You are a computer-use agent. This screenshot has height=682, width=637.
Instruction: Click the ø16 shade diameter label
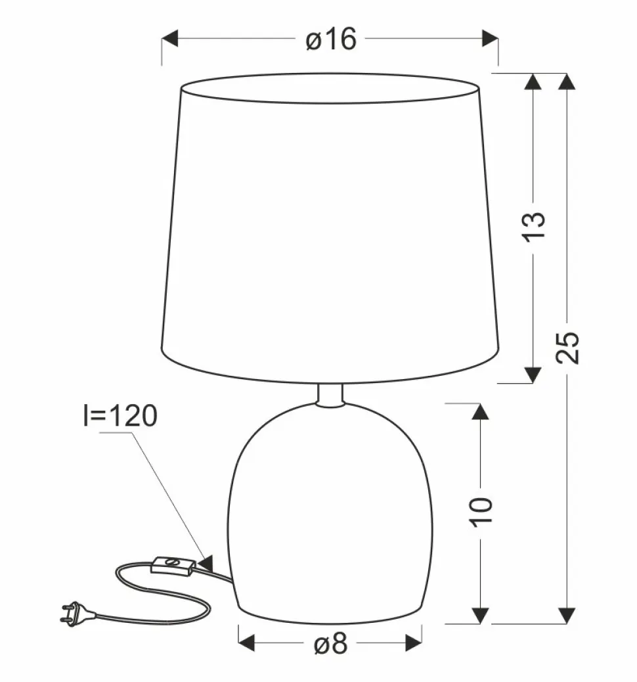pyautogui.click(x=331, y=39)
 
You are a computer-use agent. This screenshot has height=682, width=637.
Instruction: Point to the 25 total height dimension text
pyautogui.click(x=567, y=348)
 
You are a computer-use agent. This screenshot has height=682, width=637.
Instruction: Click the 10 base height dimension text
pyautogui.click(x=482, y=511)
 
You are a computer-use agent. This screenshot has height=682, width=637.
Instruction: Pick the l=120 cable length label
pyautogui.click(x=120, y=415)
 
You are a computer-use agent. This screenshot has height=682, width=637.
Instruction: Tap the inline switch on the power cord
pyautogui.click(x=172, y=566)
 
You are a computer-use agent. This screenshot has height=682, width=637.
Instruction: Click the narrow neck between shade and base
pyautogui.click(x=330, y=394)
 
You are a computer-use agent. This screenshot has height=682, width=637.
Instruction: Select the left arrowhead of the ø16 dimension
pyautogui.click(x=169, y=38)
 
